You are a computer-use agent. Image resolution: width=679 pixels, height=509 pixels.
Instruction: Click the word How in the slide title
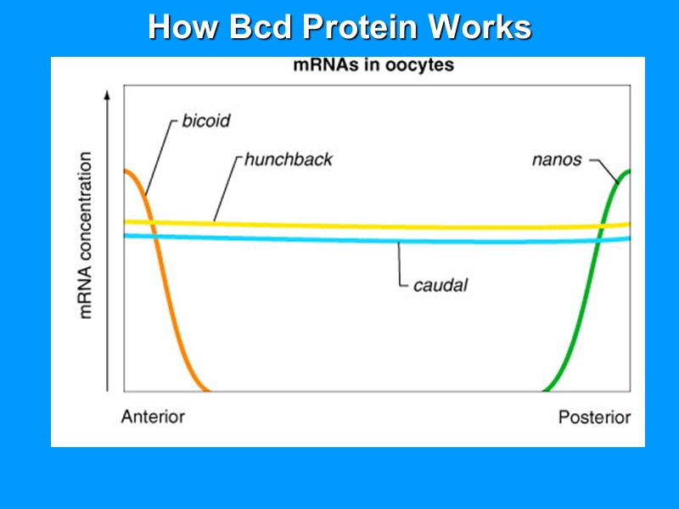(179, 27)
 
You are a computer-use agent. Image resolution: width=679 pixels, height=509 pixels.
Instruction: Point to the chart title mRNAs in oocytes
(373, 65)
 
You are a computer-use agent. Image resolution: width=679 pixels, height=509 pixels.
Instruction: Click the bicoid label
(205, 120)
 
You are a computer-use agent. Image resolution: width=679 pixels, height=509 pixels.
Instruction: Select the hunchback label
(289, 159)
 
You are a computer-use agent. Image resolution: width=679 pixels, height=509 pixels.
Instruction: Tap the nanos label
(556, 159)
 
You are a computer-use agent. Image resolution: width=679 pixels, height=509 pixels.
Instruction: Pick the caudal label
(440, 285)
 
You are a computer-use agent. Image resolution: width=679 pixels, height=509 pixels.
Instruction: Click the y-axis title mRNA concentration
(86, 236)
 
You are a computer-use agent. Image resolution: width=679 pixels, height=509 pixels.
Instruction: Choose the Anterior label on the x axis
(153, 417)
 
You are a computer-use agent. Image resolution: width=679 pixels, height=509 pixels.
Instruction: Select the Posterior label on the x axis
(594, 417)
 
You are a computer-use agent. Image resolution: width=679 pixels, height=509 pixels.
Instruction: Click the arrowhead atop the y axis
(107, 95)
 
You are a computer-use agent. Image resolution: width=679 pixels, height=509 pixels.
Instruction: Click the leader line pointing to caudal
(400, 267)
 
